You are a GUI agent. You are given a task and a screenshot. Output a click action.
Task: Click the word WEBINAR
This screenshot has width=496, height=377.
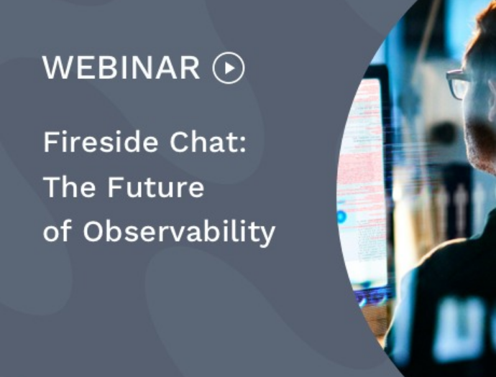pos(121,68)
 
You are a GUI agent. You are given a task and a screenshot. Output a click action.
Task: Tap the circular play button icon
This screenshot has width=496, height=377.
pos(229,68)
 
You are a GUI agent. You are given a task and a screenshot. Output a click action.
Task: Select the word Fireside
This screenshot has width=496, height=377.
pos(100,142)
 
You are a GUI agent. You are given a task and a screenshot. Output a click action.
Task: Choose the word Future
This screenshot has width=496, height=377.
pos(156,187)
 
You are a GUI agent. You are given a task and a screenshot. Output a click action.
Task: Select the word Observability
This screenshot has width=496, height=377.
pos(179,232)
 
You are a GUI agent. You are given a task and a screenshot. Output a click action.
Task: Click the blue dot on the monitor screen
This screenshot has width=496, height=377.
pos(341,217)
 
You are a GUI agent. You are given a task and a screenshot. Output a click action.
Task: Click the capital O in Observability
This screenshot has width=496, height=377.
pos(93,231)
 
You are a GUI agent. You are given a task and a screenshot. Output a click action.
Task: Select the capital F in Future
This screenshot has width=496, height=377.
pos(115,187)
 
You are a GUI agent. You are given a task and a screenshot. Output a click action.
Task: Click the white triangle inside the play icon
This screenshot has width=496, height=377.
pos(229,68)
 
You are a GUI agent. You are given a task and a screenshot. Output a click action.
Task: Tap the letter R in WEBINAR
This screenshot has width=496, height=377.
pos(190,68)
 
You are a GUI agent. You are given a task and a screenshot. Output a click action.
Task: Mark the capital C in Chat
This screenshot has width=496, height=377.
pos(180,142)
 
